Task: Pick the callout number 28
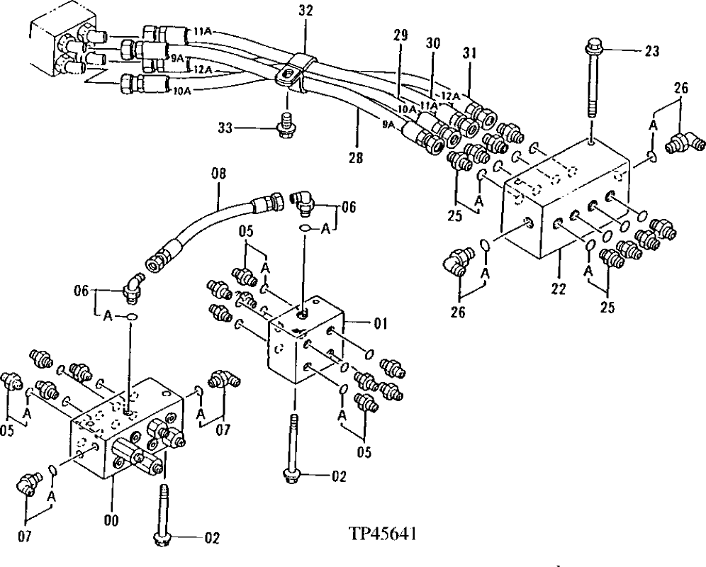(355, 158)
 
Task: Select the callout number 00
(111, 520)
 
